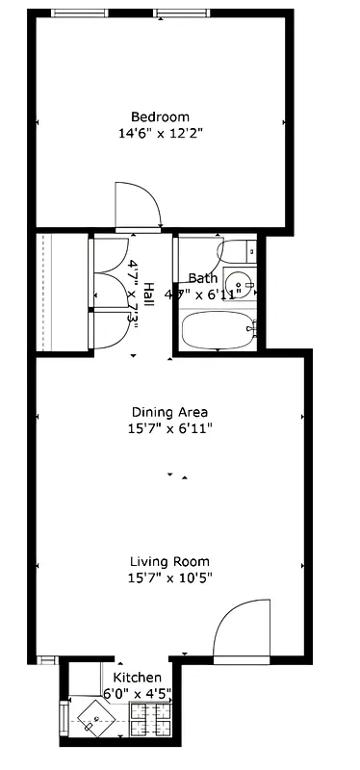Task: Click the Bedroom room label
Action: [160, 117]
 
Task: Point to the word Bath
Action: [202, 278]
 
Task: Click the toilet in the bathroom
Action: [237, 252]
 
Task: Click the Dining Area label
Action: [169, 412]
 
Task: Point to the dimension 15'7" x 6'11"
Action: [169, 428]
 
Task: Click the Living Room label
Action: [169, 561]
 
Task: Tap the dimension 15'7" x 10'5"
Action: [169, 577]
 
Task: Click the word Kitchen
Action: [131, 663]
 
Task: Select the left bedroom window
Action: [80, 13]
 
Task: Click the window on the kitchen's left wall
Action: [64, 718]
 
